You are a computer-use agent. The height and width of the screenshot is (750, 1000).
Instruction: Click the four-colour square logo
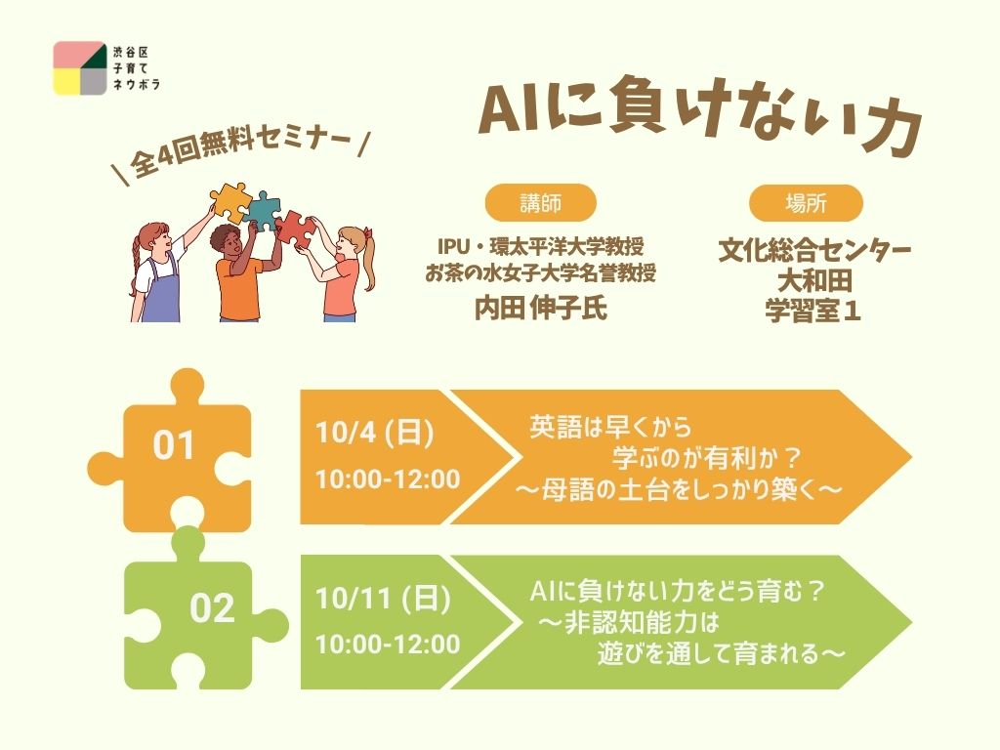(80, 68)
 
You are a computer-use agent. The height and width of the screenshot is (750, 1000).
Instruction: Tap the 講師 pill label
(541, 203)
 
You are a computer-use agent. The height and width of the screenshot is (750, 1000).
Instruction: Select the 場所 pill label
(806, 203)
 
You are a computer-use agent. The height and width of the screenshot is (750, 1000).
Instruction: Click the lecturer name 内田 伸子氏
(541, 308)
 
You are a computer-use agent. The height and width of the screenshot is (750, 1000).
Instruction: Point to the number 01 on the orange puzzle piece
(174, 445)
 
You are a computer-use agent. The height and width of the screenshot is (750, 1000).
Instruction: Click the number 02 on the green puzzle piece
(212, 608)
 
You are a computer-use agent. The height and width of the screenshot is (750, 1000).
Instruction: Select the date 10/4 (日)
(374, 433)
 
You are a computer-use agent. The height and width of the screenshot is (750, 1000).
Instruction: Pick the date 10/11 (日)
(383, 599)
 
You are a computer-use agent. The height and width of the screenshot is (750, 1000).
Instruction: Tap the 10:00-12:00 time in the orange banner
(388, 479)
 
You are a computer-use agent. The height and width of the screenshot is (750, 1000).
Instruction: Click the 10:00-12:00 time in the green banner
(388, 645)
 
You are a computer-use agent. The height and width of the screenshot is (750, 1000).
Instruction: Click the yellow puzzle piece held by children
(229, 201)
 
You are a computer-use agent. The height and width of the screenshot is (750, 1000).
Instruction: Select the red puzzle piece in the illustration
(297, 229)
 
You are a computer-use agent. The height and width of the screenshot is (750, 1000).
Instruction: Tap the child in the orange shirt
(242, 273)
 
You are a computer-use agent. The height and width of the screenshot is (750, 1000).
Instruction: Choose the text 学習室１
(813, 312)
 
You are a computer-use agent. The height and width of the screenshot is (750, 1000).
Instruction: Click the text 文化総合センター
(814, 251)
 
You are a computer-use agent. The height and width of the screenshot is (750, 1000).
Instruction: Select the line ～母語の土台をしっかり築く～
(679, 490)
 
